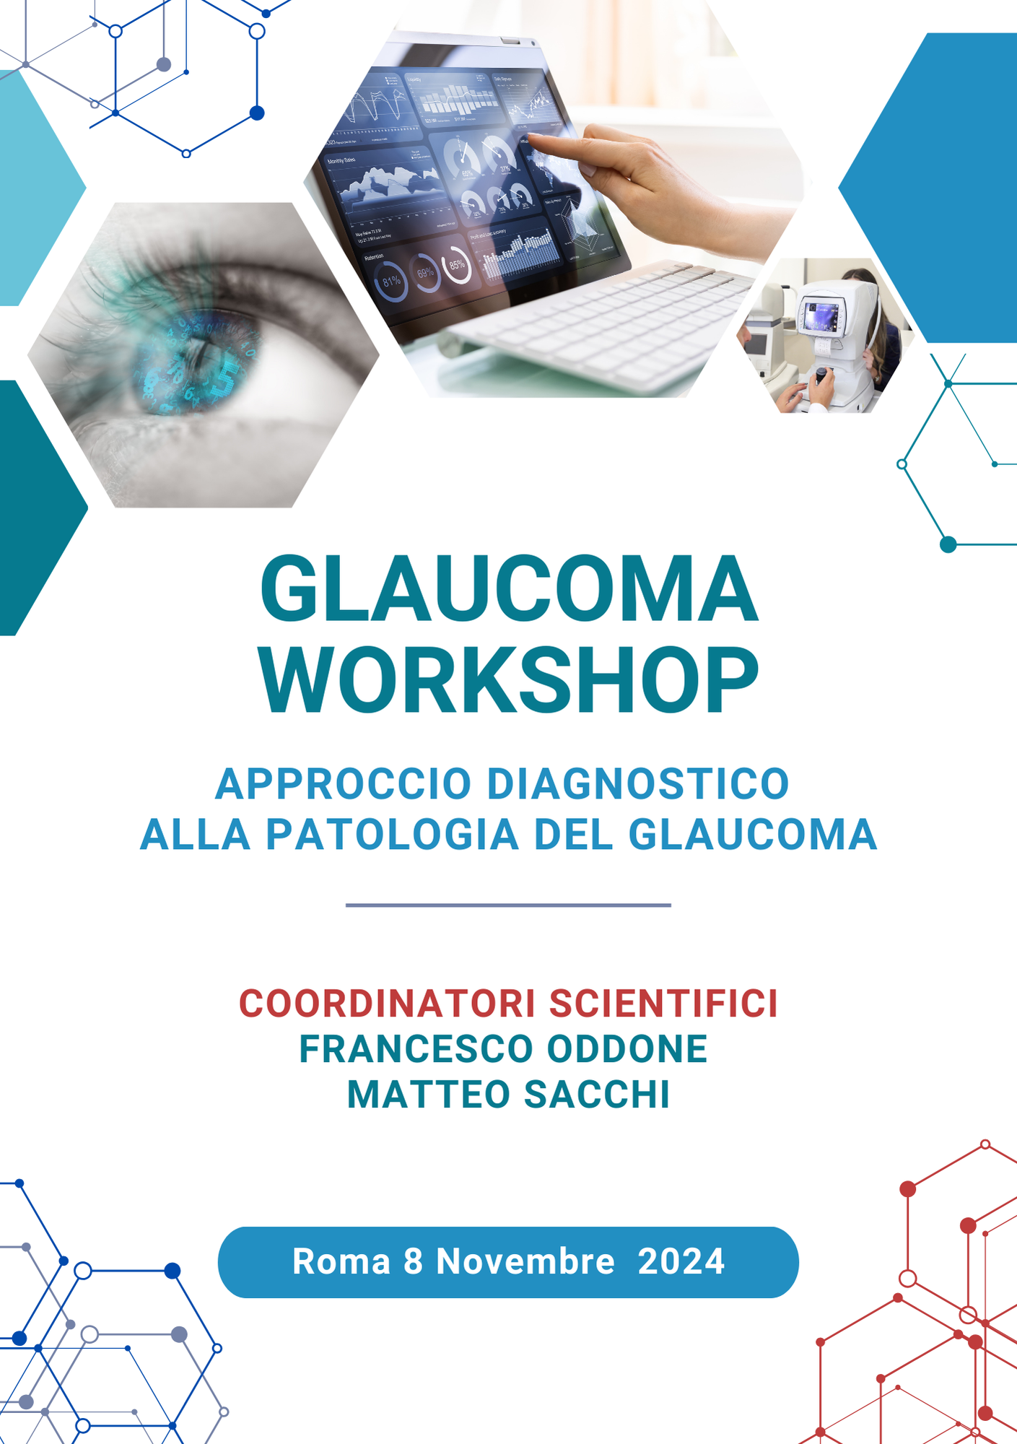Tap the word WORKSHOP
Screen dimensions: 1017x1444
[509, 680]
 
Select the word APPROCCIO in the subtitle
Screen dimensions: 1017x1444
[344, 783]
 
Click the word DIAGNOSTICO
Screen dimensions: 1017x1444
[638, 783]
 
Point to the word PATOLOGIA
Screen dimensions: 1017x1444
[393, 835]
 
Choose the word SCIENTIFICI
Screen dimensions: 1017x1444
[664, 1004]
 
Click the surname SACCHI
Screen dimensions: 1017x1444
[597, 1095]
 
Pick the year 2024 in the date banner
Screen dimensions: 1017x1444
[681, 1261]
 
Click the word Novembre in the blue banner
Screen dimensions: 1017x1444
[525, 1261]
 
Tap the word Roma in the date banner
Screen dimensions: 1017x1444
[341, 1261]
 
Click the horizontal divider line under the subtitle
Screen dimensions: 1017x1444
[508, 905]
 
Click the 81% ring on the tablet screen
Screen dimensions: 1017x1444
[390, 282]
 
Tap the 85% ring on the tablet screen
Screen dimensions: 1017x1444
[456, 265]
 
